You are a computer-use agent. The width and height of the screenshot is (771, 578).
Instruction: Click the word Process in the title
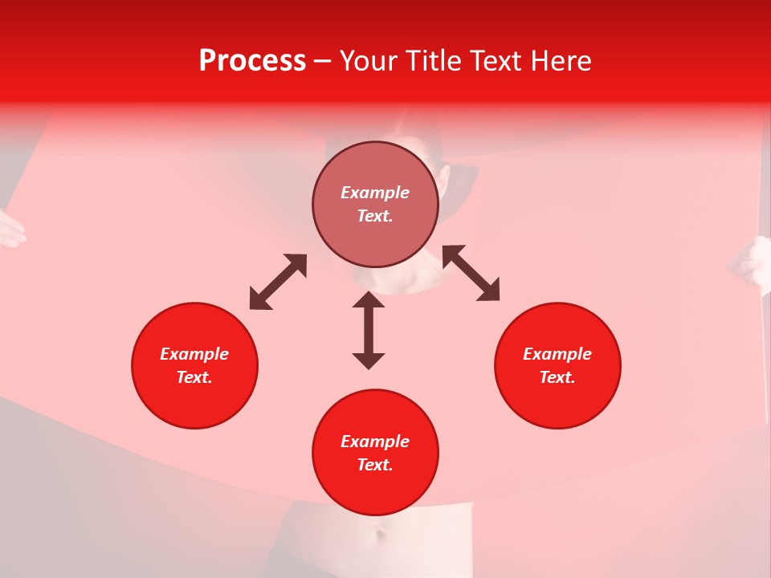[x=252, y=61]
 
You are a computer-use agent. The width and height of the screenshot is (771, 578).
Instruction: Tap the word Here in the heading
[x=561, y=61]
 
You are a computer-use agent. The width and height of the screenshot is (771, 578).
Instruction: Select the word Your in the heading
[x=368, y=61]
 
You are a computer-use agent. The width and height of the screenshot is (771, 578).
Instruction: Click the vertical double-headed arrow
[x=369, y=330]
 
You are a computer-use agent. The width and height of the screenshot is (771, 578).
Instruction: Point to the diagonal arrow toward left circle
[x=278, y=282]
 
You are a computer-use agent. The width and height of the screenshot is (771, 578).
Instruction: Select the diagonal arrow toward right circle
[x=471, y=273]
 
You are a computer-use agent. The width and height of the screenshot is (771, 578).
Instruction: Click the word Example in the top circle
[x=375, y=193]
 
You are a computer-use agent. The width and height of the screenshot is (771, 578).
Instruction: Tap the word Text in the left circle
[x=194, y=377]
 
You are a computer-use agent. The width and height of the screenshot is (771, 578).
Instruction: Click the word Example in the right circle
[x=557, y=354]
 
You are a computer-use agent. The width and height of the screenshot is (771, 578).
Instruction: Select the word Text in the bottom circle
[x=375, y=465]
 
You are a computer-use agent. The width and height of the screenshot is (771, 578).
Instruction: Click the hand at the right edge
[x=753, y=263]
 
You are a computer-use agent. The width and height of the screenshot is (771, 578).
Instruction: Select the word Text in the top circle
[x=375, y=216]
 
